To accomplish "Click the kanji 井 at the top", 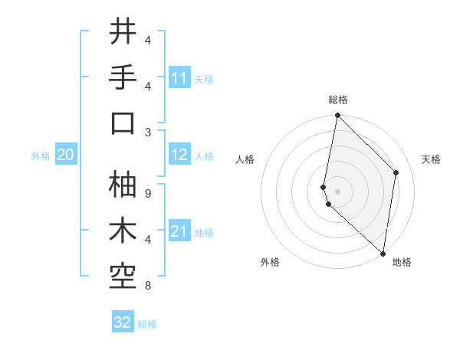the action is coord(123,32).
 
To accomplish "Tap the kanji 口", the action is coord(123,123).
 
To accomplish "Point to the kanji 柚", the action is coord(123,185).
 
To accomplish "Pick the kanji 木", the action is coord(123,231).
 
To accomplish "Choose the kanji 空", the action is coord(123,277).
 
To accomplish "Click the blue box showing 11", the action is coord(179,78).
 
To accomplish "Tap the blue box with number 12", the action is coord(179,155).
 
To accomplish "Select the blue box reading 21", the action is coord(179,231).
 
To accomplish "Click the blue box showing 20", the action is coord(65,155).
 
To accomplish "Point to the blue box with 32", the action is coord(123,322).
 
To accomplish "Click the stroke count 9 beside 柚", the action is coord(147,193).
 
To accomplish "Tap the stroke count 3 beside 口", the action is coord(147,132).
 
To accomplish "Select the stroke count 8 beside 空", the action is coord(147,286).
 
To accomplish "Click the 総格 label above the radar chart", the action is coord(337,100).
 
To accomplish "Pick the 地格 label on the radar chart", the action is coord(402,262).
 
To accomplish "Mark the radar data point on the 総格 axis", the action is coord(337,116).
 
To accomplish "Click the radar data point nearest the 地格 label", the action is coord(383,253).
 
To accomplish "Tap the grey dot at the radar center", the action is coord(337,190).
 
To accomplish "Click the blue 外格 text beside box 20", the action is coord(41,156).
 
